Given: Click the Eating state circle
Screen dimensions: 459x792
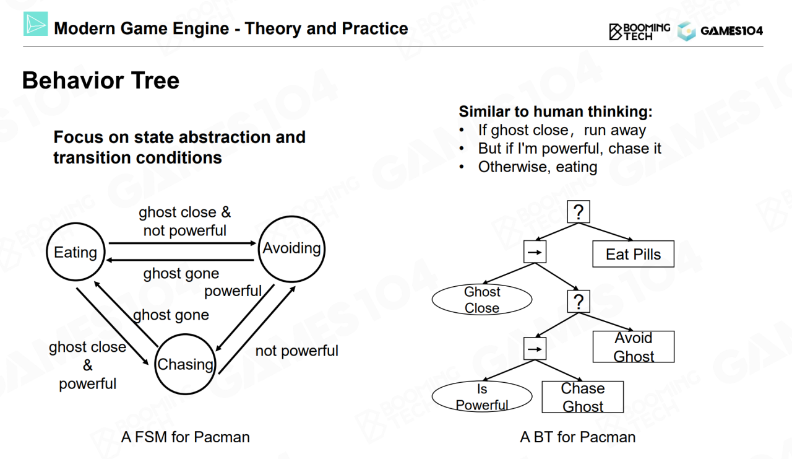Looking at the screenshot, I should pyautogui.click(x=75, y=252).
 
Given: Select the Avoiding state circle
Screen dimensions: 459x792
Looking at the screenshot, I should pyautogui.click(x=291, y=249).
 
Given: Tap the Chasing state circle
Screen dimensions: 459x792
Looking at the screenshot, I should pyautogui.click(x=185, y=364).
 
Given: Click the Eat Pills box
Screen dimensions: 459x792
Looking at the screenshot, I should pyautogui.click(x=633, y=255).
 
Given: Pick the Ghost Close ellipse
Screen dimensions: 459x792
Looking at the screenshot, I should pyautogui.click(x=482, y=300).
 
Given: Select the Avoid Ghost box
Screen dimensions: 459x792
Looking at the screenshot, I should pyautogui.click(x=634, y=347).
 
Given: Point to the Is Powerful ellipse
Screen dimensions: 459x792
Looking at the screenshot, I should pyautogui.click(x=482, y=397).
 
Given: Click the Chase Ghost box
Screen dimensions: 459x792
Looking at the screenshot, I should pyautogui.click(x=582, y=397).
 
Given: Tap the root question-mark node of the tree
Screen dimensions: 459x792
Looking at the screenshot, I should pyautogui.click(x=579, y=212).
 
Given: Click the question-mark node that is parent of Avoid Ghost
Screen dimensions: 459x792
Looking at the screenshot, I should pyautogui.click(x=579, y=302).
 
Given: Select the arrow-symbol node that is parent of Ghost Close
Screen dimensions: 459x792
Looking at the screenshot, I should pyautogui.click(x=535, y=253).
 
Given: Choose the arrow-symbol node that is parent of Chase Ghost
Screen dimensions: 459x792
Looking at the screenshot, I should pyautogui.click(x=535, y=349).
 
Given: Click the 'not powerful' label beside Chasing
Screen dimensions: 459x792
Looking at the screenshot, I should pyautogui.click(x=296, y=351).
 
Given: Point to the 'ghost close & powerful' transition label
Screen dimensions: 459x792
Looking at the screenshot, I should pyautogui.click(x=87, y=365).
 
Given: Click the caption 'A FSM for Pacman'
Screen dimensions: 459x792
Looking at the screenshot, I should pyautogui.click(x=186, y=437).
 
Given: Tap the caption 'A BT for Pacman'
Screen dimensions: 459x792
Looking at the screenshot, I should pyautogui.click(x=578, y=437).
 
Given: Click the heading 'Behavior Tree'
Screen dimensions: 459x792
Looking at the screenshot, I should pyautogui.click(x=101, y=81).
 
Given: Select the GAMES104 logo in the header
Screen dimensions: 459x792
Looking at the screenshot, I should pyautogui.click(x=720, y=31).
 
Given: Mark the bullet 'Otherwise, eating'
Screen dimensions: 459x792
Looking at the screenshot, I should pyautogui.click(x=537, y=167).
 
